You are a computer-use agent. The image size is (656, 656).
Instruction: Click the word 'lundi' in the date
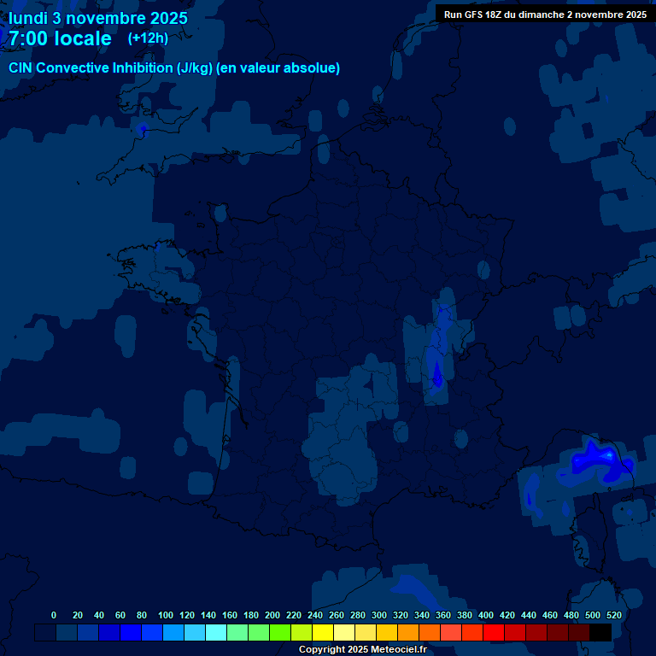click(28, 18)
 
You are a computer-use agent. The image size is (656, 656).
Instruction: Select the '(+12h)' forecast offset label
click(148, 38)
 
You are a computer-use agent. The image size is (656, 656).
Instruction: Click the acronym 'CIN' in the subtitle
click(23, 68)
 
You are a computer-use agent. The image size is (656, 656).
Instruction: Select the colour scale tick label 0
click(54, 615)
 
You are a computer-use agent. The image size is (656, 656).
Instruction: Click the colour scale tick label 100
click(165, 615)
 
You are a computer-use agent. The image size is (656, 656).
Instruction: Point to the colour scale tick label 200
click(272, 615)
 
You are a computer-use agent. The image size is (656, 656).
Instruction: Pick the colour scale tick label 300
click(378, 615)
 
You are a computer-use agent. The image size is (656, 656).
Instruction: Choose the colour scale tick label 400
click(485, 615)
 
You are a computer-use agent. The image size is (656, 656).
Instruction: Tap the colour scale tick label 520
click(613, 615)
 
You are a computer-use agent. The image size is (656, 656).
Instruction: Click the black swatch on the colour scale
click(600, 632)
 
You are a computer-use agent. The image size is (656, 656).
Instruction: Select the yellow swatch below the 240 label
click(323, 632)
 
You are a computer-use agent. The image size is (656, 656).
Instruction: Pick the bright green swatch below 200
click(280, 632)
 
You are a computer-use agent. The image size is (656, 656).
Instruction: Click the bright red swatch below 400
click(494, 632)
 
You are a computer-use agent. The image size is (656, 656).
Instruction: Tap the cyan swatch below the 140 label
click(216, 632)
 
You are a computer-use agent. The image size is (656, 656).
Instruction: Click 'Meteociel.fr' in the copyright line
click(393, 650)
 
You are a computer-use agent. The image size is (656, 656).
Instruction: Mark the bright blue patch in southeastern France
click(598, 461)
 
